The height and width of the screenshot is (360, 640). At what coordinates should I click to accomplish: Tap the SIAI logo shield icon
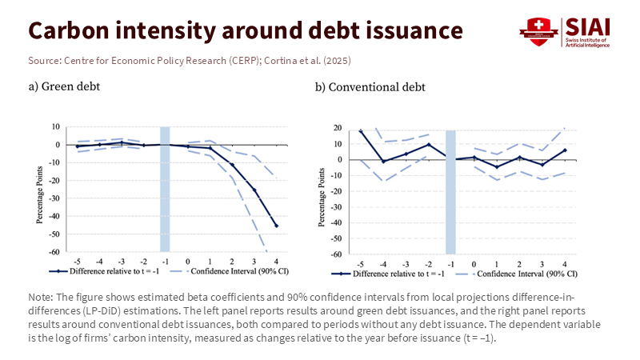538,30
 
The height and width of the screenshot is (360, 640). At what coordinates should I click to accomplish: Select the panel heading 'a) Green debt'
66,86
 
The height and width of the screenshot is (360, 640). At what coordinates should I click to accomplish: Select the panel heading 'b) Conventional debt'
370,86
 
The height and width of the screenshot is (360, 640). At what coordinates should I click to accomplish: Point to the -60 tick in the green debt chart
56,251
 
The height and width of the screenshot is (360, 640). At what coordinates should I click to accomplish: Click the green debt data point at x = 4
277,226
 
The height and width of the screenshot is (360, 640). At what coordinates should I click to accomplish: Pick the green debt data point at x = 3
254,190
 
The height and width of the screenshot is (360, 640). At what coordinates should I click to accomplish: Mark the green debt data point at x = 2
232,165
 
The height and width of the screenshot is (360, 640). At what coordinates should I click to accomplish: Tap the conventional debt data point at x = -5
361,130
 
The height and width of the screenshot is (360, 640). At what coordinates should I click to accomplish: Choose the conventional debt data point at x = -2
429,145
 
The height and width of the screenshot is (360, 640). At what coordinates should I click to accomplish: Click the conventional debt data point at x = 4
565,150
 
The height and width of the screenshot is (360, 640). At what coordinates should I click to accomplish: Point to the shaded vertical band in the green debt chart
166,189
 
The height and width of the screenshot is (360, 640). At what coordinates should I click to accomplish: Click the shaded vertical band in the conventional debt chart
450,192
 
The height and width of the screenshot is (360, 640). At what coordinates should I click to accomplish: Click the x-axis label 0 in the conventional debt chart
474,264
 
